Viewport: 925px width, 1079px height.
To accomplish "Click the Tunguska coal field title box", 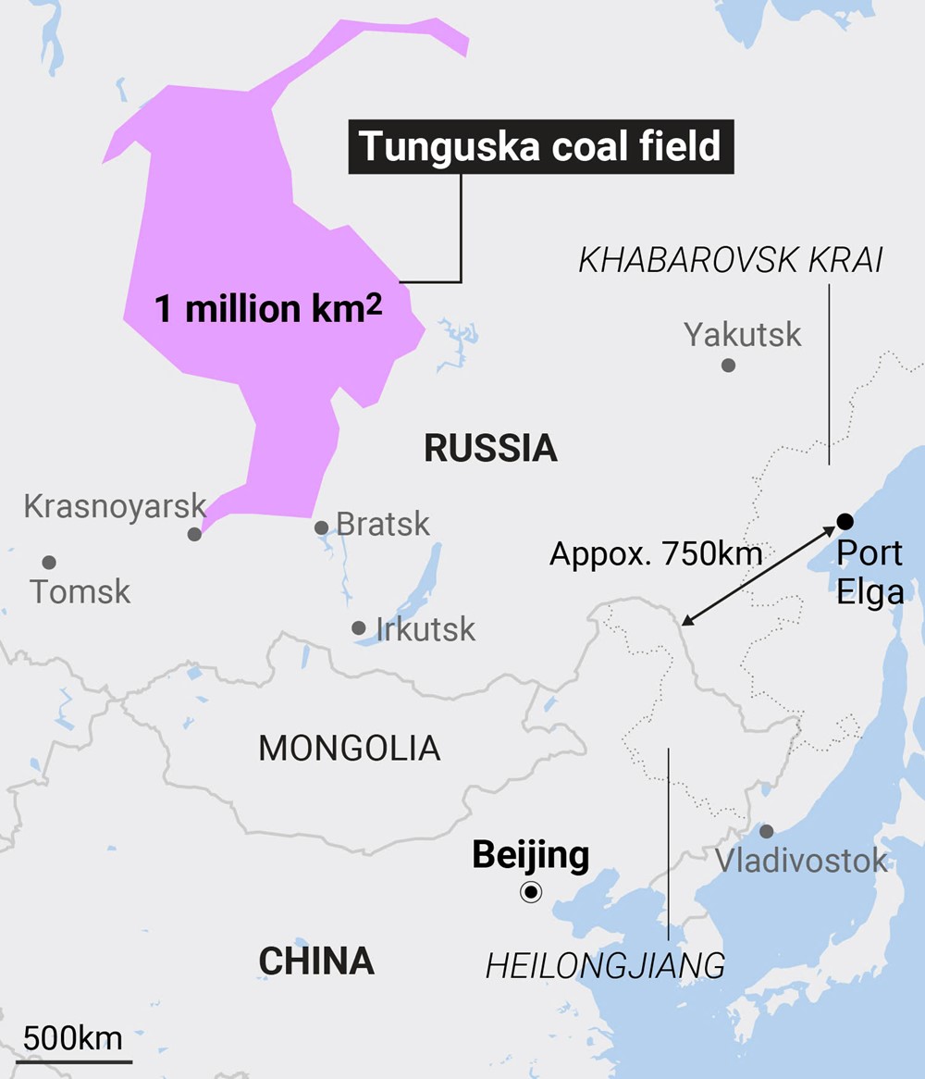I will click(540, 146).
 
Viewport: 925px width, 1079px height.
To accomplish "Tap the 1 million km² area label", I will click(268, 309).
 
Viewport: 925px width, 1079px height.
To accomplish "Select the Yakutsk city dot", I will click(728, 365).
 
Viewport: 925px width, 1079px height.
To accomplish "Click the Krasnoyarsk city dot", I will click(194, 534).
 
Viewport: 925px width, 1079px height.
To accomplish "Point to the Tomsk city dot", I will click(49, 562).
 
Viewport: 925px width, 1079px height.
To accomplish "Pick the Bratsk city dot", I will click(321, 527).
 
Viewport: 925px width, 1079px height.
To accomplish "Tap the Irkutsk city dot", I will click(359, 627).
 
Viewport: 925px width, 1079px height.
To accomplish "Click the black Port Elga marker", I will click(845, 521).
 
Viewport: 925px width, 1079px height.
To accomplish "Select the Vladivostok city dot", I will click(766, 831).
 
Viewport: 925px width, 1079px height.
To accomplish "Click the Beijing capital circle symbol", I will click(531, 892).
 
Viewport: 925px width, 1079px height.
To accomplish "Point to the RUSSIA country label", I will click(490, 449).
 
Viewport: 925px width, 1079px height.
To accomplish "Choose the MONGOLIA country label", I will click(350, 748).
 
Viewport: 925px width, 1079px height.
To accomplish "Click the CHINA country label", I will click(316, 961).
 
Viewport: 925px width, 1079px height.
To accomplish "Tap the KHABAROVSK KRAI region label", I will click(731, 261).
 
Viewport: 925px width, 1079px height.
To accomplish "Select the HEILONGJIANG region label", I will click(605, 966).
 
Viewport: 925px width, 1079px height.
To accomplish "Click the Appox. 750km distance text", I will click(656, 554).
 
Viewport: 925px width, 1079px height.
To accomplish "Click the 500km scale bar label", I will click(73, 1038).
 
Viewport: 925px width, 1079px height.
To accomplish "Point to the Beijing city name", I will click(530, 854).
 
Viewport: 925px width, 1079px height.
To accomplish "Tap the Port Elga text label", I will click(869, 572).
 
